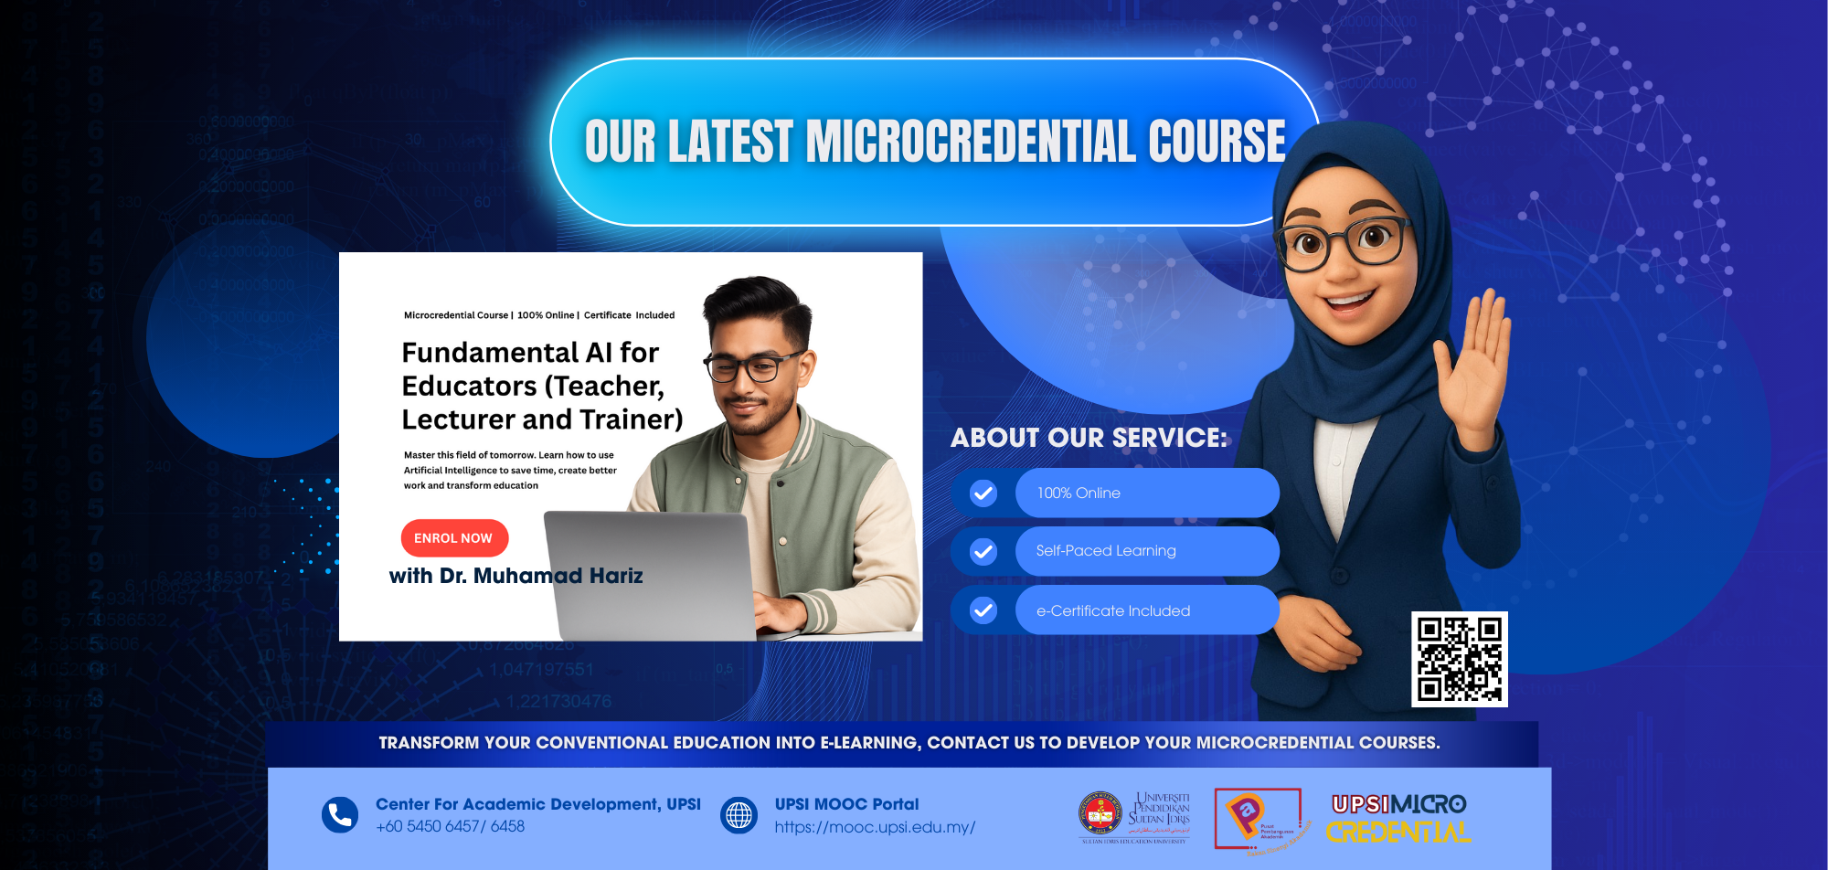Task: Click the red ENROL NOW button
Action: (x=454, y=538)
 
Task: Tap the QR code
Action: (x=1459, y=659)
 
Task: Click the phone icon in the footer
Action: (x=340, y=814)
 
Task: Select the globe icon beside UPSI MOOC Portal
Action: (x=739, y=814)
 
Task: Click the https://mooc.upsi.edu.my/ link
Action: (x=875, y=827)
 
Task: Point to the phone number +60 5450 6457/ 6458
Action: (x=450, y=826)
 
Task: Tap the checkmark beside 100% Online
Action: (x=983, y=493)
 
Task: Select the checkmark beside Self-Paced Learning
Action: (x=983, y=551)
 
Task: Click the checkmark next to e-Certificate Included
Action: (x=983, y=610)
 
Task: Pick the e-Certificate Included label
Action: (x=1113, y=610)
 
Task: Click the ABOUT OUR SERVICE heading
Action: (x=1089, y=438)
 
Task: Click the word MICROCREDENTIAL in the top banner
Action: (x=971, y=142)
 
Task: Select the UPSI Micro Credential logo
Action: (x=1398, y=818)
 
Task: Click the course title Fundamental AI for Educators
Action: (x=541, y=386)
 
